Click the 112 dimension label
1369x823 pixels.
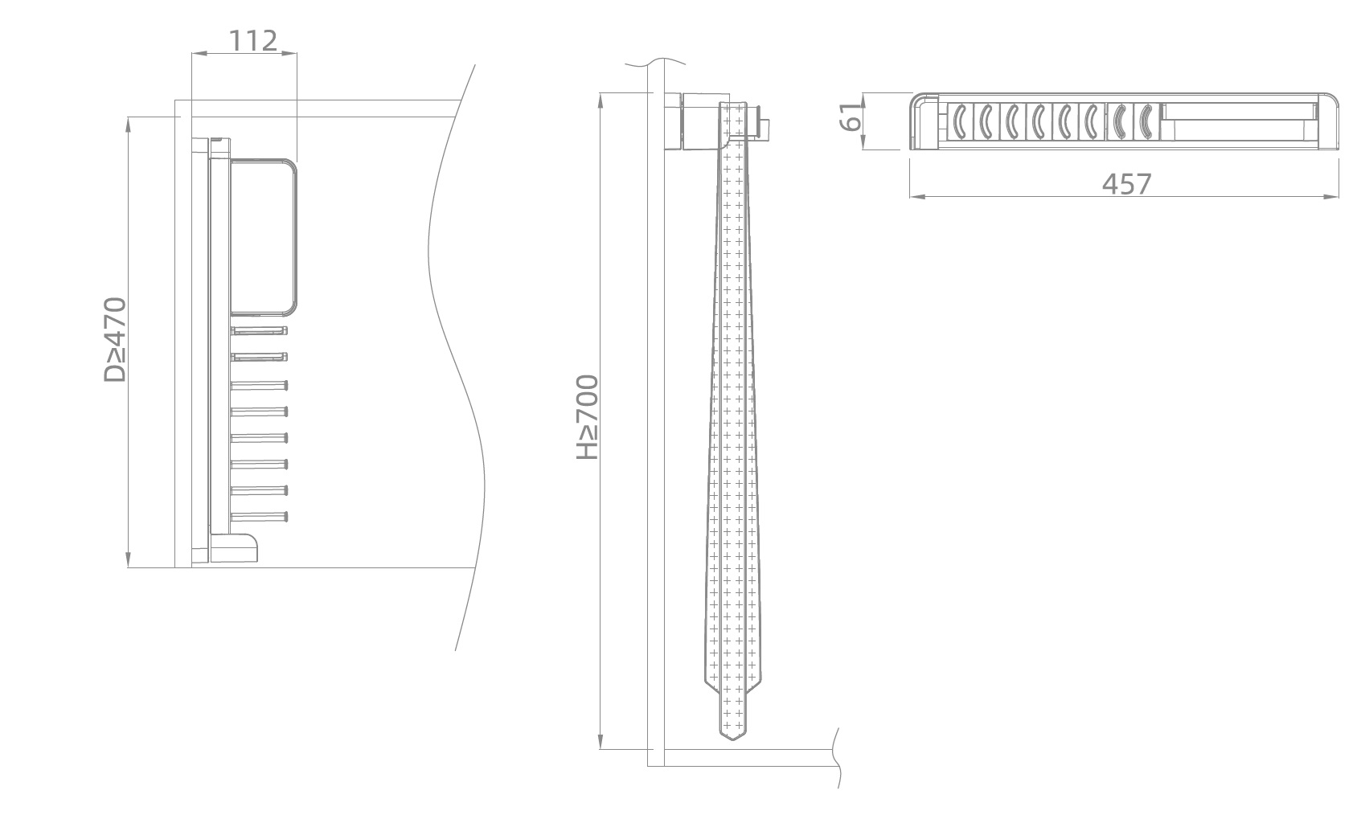(253, 41)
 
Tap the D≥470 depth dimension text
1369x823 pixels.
(115, 340)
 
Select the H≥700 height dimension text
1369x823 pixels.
(588, 417)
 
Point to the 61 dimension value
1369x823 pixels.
(851, 117)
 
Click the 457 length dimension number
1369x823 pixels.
(1126, 184)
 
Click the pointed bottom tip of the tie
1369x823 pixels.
(733, 739)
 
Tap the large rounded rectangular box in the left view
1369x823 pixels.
(264, 237)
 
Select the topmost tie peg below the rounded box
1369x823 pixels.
(259, 331)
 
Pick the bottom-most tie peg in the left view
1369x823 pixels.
(259, 517)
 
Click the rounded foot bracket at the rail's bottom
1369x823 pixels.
(234, 548)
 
